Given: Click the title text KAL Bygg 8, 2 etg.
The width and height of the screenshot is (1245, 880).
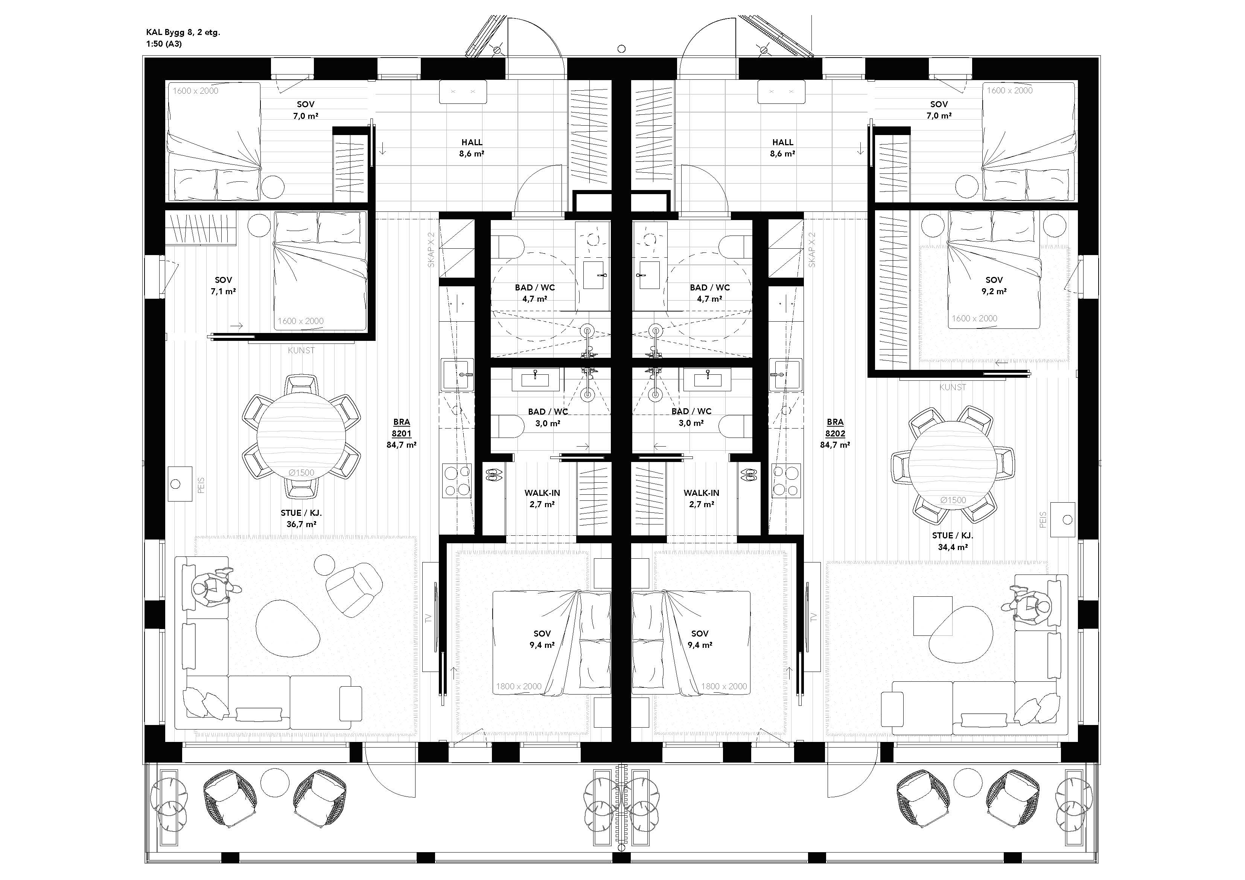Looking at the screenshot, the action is click(x=183, y=32).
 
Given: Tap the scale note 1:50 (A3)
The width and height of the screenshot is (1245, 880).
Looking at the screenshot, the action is click(x=164, y=44).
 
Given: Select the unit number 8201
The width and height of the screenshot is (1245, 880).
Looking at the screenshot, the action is click(x=402, y=433).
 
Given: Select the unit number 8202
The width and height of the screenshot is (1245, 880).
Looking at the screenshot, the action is click(x=835, y=433).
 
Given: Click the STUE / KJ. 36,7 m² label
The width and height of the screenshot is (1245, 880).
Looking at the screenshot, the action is click(x=301, y=518).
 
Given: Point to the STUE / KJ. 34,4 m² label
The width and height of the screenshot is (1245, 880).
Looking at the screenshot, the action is click(x=953, y=541).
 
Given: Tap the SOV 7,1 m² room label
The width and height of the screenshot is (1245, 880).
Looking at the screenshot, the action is click(x=224, y=286).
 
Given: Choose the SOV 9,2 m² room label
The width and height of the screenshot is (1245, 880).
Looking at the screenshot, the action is click(x=994, y=286).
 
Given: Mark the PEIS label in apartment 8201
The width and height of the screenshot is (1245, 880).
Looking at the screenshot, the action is click(x=202, y=485).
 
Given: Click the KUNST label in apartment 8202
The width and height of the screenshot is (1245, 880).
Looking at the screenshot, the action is click(x=953, y=387).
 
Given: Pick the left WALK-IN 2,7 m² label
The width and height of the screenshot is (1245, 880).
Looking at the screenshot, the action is click(x=542, y=498).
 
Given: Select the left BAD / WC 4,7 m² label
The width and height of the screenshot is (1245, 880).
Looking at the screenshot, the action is click(x=535, y=293).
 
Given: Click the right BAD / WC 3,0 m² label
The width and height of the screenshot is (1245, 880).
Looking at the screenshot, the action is click(x=691, y=417).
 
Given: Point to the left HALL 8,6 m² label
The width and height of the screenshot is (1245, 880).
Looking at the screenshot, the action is click(x=472, y=147).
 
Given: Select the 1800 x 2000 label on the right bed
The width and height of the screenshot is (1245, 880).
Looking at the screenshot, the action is click(x=724, y=687).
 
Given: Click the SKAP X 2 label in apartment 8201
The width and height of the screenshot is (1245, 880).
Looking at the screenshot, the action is click(x=432, y=249).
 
